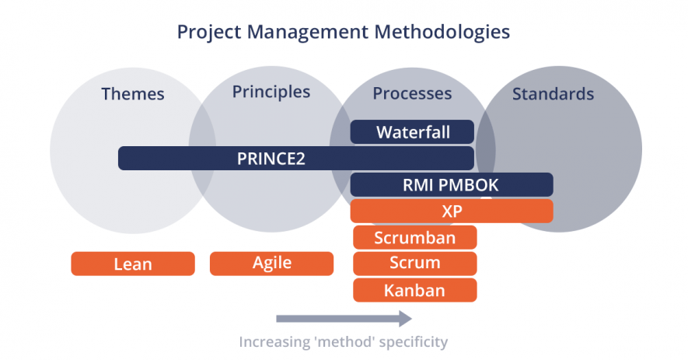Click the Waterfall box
point(412,132)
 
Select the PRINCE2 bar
point(295,159)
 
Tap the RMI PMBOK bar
point(451,185)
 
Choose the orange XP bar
point(451,211)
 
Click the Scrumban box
point(414,237)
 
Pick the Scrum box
point(414,264)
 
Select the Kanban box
point(414,290)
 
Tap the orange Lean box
point(132,264)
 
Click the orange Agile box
point(271,264)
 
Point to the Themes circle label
point(132,94)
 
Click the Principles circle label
point(271,92)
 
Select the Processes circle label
point(412,93)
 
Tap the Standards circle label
point(553,94)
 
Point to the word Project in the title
point(204,32)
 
